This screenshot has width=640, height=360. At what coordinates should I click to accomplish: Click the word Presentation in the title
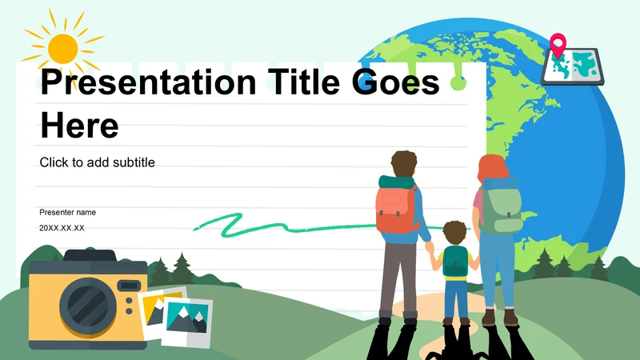click(x=148, y=83)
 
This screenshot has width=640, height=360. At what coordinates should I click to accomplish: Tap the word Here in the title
click(x=79, y=126)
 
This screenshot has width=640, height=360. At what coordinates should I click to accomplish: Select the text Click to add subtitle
click(x=97, y=162)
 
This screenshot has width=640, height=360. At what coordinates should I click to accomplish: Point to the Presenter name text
click(x=68, y=212)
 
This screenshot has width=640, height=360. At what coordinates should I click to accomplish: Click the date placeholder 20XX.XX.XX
click(x=62, y=228)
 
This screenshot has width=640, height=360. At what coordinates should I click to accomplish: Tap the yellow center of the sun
click(x=63, y=49)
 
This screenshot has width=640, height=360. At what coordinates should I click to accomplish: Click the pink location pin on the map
click(x=558, y=45)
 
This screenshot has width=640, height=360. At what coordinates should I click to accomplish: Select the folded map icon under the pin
click(x=572, y=66)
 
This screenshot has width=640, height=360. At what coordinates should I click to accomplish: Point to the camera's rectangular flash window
click(x=129, y=286)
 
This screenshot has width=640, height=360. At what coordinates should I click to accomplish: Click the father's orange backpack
click(x=396, y=209)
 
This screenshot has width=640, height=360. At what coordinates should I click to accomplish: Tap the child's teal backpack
click(x=455, y=262)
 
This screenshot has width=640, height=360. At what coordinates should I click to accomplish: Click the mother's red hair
click(x=492, y=169)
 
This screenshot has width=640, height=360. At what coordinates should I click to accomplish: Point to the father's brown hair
click(x=404, y=164)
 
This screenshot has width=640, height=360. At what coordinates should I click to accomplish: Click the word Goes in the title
click(x=395, y=83)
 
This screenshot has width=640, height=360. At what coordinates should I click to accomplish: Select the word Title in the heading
click(x=304, y=82)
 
